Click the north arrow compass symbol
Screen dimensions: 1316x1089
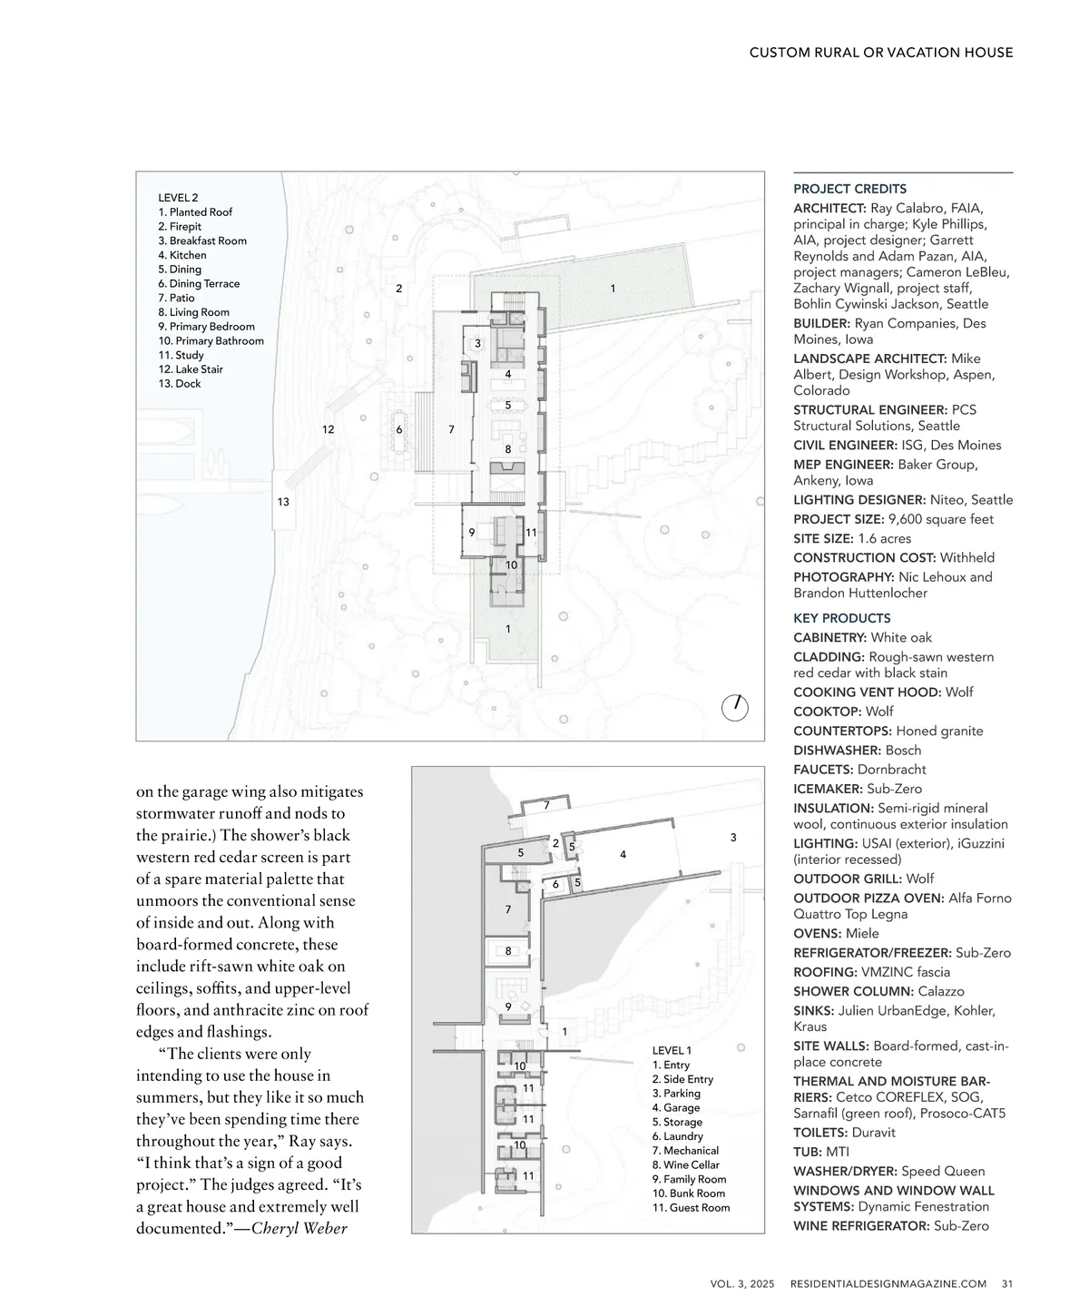(x=735, y=707)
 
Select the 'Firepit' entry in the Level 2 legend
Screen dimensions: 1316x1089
(x=180, y=226)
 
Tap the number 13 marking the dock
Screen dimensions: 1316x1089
(x=283, y=502)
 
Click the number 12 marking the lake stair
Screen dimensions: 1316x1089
(x=329, y=429)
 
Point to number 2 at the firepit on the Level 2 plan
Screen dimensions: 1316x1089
(x=399, y=289)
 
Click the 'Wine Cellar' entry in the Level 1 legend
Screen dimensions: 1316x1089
(x=685, y=1164)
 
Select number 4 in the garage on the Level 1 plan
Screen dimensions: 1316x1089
(x=623, y=854)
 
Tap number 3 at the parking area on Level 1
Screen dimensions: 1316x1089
(x=733, y=838)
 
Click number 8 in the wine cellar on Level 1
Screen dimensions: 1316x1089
(x=508, y=951)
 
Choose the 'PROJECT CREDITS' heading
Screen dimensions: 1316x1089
(x=849, y=189)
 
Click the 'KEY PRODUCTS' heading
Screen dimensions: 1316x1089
(x=841, y=618)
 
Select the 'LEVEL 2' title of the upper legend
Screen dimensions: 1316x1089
(x=178, y=197)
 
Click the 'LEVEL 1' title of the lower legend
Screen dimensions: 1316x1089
(x=672, y=1050)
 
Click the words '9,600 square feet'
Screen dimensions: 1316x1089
(x=941, y=519)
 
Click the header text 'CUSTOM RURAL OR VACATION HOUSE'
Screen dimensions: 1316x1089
(x=880, y=53)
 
